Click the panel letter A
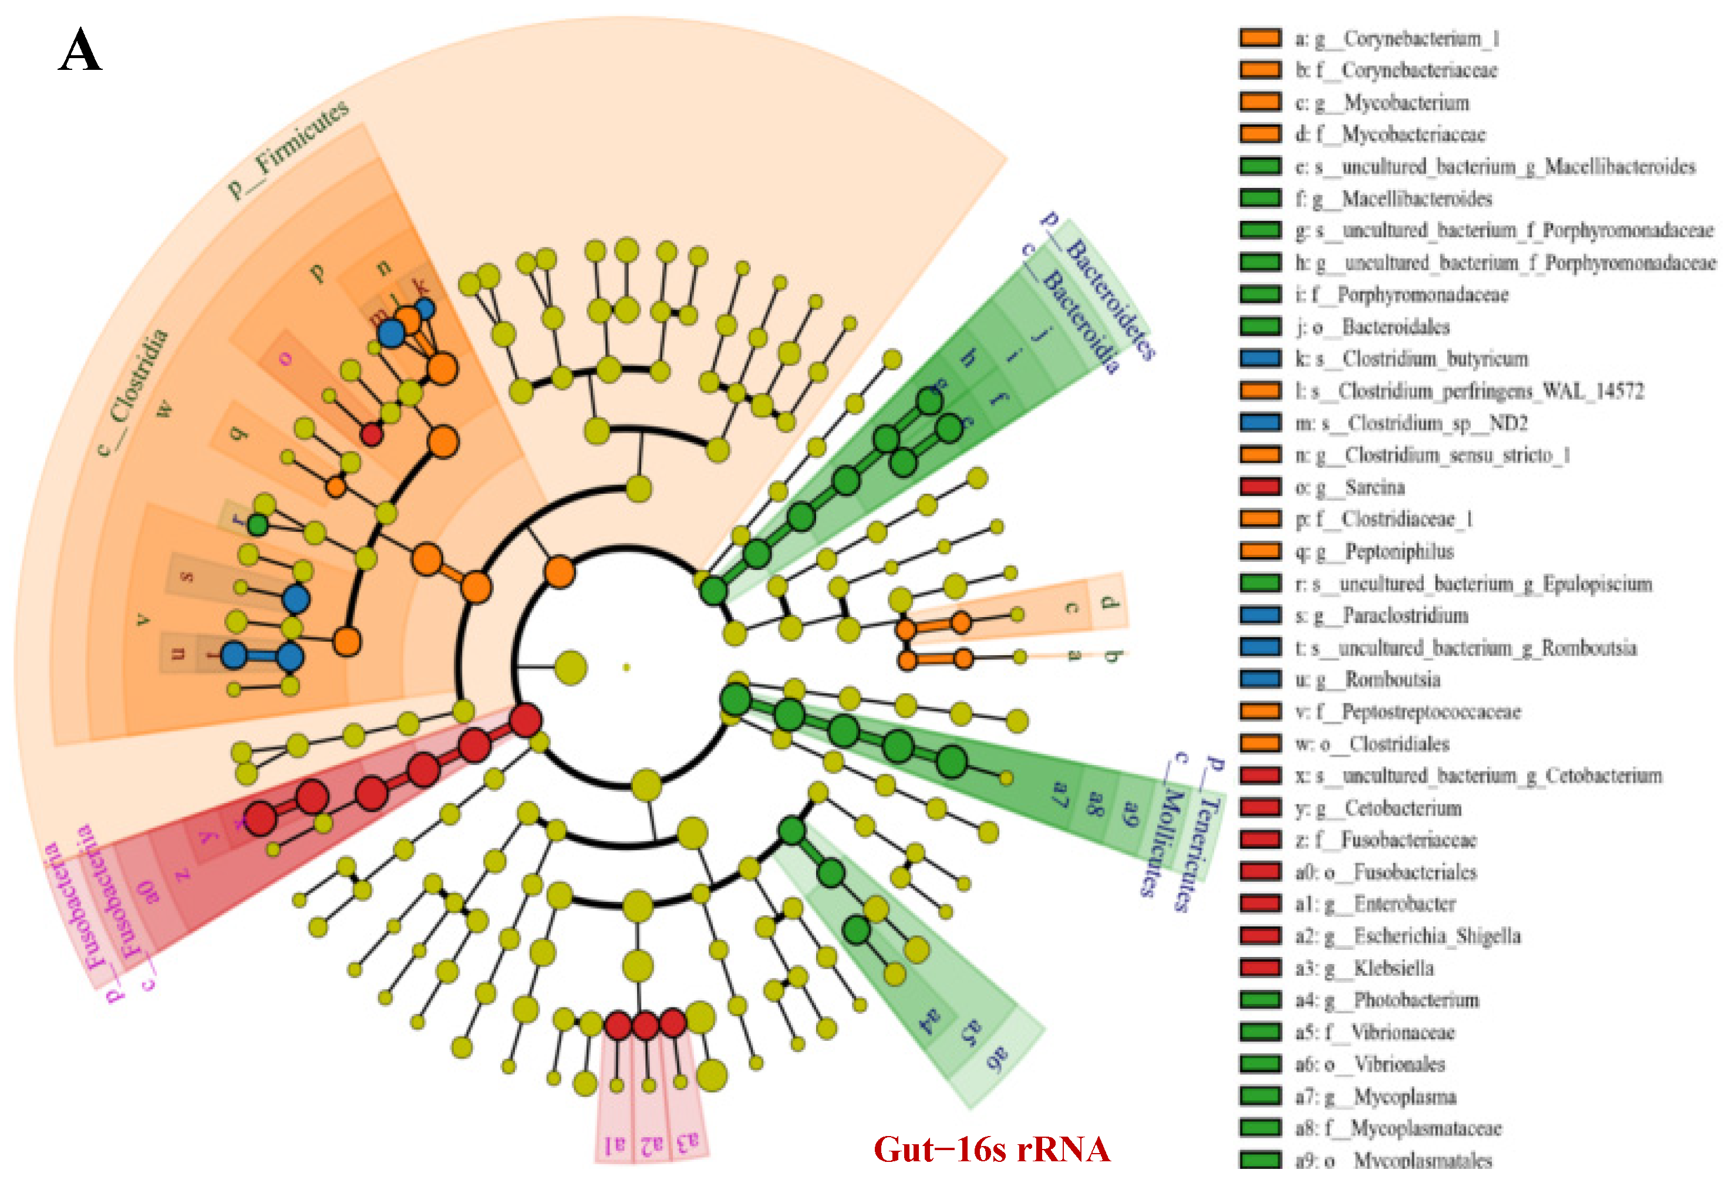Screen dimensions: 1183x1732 (80, 50)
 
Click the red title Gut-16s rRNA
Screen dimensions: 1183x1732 (991, 1150)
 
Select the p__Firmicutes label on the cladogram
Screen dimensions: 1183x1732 (288, 149)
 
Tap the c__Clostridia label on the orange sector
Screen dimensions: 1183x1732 (134, 392)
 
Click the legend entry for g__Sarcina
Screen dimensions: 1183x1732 (1374, 487)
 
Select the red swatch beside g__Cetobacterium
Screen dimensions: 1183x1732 (1260, 807)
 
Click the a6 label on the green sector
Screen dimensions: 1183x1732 (997, 1058)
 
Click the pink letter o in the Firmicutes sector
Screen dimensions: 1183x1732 (285, 359)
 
